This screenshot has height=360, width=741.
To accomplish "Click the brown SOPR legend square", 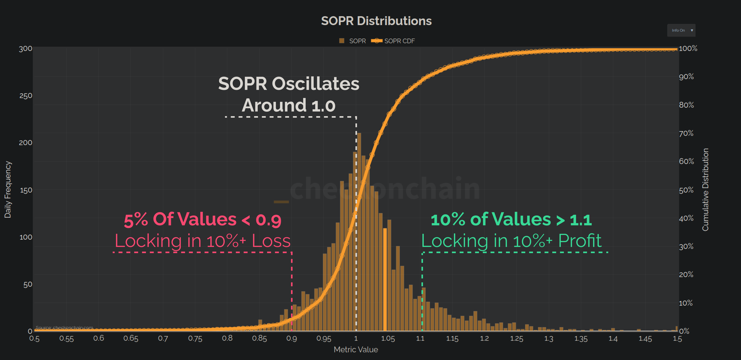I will tap(342, 41).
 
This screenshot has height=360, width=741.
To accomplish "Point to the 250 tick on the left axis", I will tap(26, 96).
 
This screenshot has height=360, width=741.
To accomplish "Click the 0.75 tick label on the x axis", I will tap(195, 338).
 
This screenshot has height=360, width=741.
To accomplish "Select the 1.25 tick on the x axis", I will tap(516, 338).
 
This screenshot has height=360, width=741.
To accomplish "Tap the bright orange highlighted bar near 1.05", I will tap(385, 279).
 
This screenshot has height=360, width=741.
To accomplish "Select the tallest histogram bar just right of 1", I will tap(359, 230).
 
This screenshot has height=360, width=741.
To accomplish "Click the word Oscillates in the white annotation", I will tap(315, 84).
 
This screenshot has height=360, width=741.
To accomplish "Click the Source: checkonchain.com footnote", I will tap(64, 328).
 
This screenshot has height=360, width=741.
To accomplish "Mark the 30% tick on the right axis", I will tap(686, 246).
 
